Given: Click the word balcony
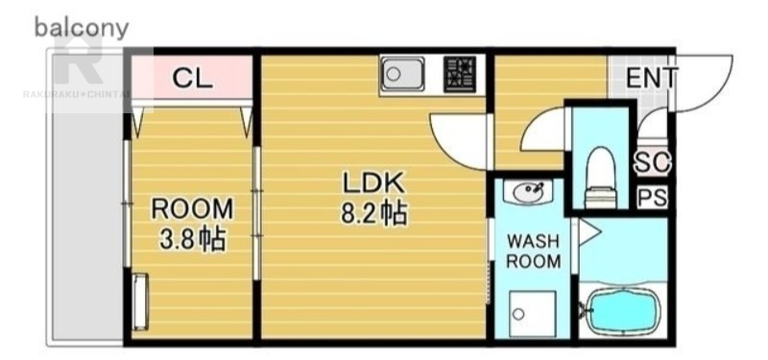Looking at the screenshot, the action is click(x=82, y=29).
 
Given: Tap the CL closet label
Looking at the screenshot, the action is click(x=192, y=79).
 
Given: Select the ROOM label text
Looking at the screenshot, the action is click(x=192, y=209).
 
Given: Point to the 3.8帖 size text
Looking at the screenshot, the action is click(x=192, y=239).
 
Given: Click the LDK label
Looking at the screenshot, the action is click(x=373, y=183).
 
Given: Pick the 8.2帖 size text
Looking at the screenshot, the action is click(x=373, y=214).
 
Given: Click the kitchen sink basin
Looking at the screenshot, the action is click(x=402, y=74).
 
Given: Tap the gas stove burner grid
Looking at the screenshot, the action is click(x=460, y=74).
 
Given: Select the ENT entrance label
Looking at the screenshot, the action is click(x=652, y=78).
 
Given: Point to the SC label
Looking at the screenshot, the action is click(x=653, y=162).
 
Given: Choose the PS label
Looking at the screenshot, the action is click(x=653, y=198).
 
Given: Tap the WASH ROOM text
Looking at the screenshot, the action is click(x=534, y=252).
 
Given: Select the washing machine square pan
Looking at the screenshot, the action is click(x=533, y=314).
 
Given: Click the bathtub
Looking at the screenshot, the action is click(x=622, y=310).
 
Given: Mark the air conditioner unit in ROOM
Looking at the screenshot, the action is click(x=140, y=301).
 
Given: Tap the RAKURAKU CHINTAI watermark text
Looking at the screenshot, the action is click(x=76, y=93).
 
